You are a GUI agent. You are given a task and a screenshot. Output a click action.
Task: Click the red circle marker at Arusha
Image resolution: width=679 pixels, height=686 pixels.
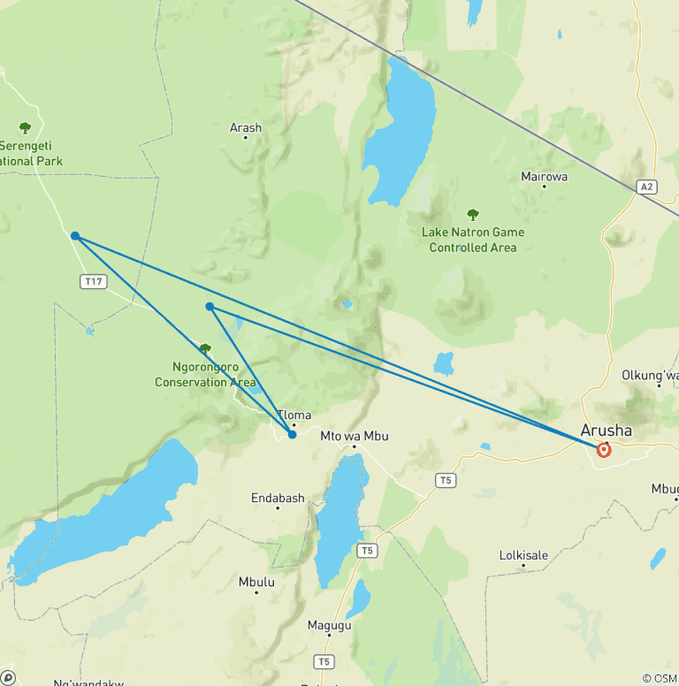[x=604, y=449]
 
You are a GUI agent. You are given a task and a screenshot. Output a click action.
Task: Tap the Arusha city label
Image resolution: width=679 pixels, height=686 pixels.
[x=607, y=431]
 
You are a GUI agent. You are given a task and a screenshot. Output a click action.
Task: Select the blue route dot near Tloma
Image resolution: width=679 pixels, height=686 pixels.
[x=292, y=434]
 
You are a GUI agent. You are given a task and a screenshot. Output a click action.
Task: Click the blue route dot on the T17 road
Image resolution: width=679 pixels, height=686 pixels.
[x=75, y=236]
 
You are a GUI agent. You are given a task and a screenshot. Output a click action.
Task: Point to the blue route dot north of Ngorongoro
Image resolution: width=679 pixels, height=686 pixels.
[x=210, y=307]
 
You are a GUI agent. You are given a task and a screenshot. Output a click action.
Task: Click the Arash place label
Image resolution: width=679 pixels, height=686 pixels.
[x=246, y=128]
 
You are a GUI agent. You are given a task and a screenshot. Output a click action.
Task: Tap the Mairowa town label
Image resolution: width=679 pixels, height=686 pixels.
[x=544, y=177]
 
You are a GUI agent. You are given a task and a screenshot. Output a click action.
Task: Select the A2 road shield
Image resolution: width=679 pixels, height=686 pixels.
[x=647, y=187]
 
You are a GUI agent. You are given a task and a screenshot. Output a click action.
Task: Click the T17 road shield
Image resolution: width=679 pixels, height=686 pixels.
[x=93, y=281]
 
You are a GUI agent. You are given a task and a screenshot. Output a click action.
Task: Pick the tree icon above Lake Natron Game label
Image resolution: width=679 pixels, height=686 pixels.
[x=473, y=215]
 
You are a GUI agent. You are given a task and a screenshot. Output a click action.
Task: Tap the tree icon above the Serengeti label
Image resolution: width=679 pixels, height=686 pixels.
[x=25, y=127]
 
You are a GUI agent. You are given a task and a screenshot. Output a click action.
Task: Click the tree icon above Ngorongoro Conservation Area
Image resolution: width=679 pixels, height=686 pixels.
[x=205, y=349]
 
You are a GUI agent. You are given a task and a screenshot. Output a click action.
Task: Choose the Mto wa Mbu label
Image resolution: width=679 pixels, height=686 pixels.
[x=354, y=436]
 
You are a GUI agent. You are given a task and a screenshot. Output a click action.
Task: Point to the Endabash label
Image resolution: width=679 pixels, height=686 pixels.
[x=278, y=499]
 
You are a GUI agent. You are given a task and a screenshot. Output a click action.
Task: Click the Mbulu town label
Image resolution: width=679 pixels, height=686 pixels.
[x=256, y=583]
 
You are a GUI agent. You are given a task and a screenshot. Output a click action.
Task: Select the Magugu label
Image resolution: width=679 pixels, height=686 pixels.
[x=329, y=626]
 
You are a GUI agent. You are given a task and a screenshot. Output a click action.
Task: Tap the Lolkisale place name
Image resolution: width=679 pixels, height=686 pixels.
[x=523, y=556]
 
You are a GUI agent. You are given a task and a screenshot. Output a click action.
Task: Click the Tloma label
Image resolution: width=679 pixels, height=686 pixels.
[x=294, y=415]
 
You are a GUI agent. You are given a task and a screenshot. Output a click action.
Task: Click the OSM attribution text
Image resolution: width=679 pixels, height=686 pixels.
[x=660, y=678]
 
